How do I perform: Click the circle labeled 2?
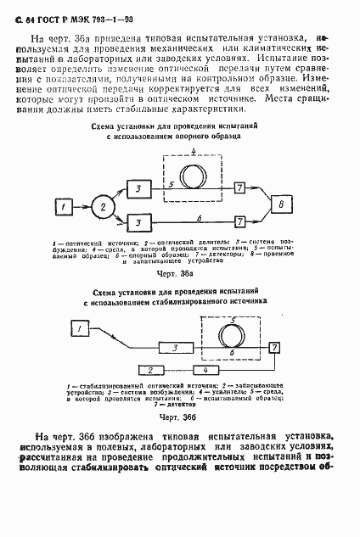[104, 205]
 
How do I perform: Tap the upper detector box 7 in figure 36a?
[240, 186]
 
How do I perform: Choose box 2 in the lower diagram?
[149, 371]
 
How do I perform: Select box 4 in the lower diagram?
[204, 371]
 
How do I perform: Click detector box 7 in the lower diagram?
[273, 348]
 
